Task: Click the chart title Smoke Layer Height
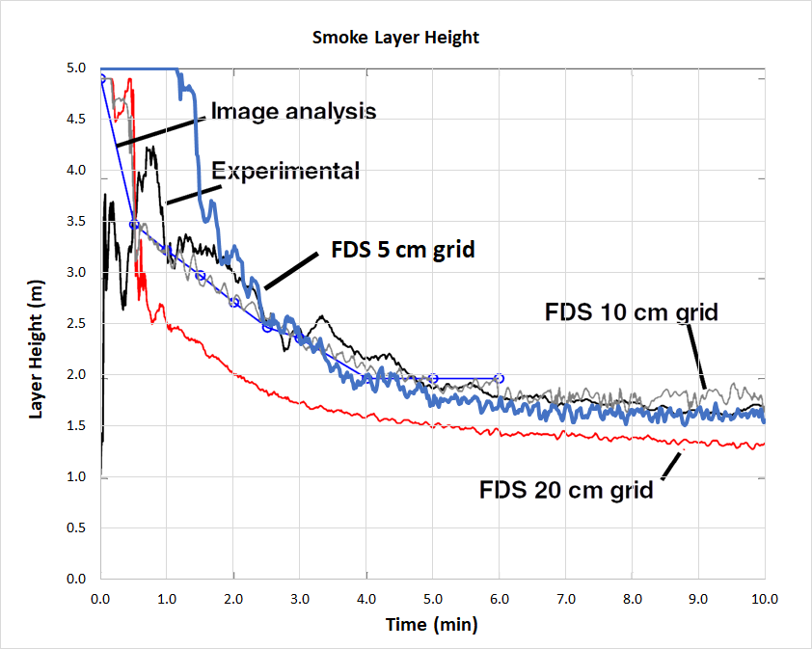pyautogui.click(x=395, y=39)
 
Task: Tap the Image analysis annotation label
pyautogui.click(x=293, y=111)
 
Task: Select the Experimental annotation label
pyautogui.click(x=285, y=172)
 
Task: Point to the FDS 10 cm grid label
pyautogui.click(x=632, y=312)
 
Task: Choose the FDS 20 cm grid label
pyautogui.click(x=566, y=489)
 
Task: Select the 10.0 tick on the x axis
pyautogui.click(x=764, y=598)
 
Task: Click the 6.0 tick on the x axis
pyautogui.click(x=499, y=598)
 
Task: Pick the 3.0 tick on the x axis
pyautogui.click(x=300, y=598)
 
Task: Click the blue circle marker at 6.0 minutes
pyautogui.click(x=499, y=379)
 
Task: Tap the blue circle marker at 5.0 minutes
pyautogui.click(x=433, y=379)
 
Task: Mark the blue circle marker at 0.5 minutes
pyautogui.click(x=134, y=225)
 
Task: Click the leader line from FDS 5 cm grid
pyautogui.click(x=290, y=270)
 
